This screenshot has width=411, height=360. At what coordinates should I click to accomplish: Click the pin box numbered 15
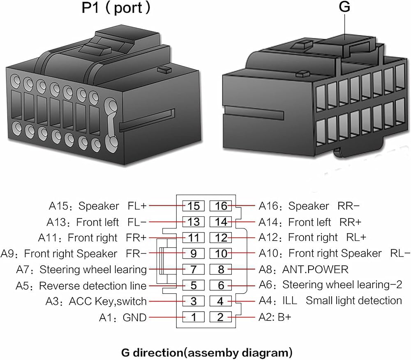click(x=194, y=206)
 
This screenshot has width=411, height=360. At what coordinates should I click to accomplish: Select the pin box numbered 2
click(x=221, y=317)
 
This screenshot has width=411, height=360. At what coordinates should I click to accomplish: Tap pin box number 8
click(x=221, y=269)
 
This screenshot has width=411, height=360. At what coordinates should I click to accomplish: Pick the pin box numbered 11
click(x=194, y=238)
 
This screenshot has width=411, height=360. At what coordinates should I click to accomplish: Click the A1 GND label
click(x=122, y=318)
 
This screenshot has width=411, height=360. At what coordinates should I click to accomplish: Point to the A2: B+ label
click(x=275, y=317)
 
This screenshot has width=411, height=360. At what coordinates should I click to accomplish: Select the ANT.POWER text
click(x=315, y=269)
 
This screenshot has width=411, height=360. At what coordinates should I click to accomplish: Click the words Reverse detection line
click(x=92, y=286)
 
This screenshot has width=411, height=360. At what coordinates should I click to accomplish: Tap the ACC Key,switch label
click(x=107, y=302)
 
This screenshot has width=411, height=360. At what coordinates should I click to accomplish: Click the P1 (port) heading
click(x=116, y=8)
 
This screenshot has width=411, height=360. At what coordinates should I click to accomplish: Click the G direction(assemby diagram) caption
click(x=207, y=353)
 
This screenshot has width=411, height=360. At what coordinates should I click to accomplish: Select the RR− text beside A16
click(x=349, y=206)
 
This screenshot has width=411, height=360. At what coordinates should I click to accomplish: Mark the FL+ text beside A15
click(x=137, y=206)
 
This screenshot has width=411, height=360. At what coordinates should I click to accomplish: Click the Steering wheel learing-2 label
click(x=342, y=285)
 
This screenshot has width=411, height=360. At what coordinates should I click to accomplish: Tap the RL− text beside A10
click(x=400, y=253)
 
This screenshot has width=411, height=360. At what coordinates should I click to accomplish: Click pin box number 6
click(x=221, y=285)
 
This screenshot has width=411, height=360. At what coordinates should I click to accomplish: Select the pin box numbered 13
click(x=194, y=222)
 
